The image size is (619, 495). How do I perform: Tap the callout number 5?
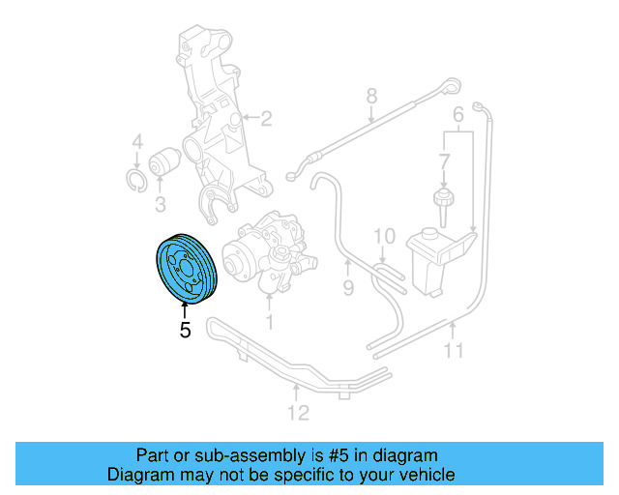[185, 330]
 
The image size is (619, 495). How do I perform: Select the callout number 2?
[266, 120]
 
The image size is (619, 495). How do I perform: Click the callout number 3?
[161, 203]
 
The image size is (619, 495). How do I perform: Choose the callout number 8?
[369, 95]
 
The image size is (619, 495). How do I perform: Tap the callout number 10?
[383, 235]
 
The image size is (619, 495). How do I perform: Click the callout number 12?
[298, 413]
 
